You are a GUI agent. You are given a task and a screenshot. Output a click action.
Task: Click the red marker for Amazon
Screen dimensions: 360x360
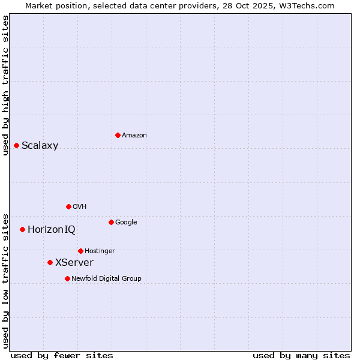coord(118,135)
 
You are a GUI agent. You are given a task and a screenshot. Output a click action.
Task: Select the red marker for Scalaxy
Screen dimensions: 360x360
coord(16,145)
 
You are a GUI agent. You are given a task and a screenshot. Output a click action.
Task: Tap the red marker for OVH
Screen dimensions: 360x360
coord(68,206)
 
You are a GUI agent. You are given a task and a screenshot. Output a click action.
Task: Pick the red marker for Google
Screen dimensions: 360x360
coord(111,222)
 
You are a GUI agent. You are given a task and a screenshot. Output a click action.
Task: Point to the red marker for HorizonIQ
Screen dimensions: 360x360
coord(22,229)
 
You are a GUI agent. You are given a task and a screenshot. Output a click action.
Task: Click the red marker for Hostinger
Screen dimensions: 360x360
coord(80,251)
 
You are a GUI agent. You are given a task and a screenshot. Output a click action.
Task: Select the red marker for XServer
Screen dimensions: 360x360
coord(50,262)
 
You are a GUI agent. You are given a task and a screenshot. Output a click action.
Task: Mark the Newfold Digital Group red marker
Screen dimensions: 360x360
coord(67,278)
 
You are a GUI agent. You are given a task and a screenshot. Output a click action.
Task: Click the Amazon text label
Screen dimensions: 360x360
coord(134,136)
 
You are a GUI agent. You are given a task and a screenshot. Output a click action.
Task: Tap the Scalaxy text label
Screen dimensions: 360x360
coord(40,146)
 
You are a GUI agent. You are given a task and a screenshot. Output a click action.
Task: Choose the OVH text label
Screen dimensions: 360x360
coord(80,207)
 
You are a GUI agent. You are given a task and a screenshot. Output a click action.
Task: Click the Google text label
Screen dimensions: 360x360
coord(126,223)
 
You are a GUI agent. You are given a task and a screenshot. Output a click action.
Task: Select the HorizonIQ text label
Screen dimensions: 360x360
coord(52,230)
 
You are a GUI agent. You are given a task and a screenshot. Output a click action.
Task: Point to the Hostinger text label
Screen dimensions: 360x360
coord(100,251)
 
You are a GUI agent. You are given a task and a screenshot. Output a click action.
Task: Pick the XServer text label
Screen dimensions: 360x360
coord(74,263)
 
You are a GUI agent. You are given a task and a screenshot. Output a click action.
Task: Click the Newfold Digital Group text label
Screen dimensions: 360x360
coord(106,279)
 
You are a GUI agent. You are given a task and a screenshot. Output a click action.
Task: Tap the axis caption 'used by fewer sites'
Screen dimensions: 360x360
coord(62,355)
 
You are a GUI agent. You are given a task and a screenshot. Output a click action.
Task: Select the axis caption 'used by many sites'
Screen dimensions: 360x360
coord(301,355)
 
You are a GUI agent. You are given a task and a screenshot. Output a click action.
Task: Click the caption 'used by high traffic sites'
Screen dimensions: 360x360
coord(5,85)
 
